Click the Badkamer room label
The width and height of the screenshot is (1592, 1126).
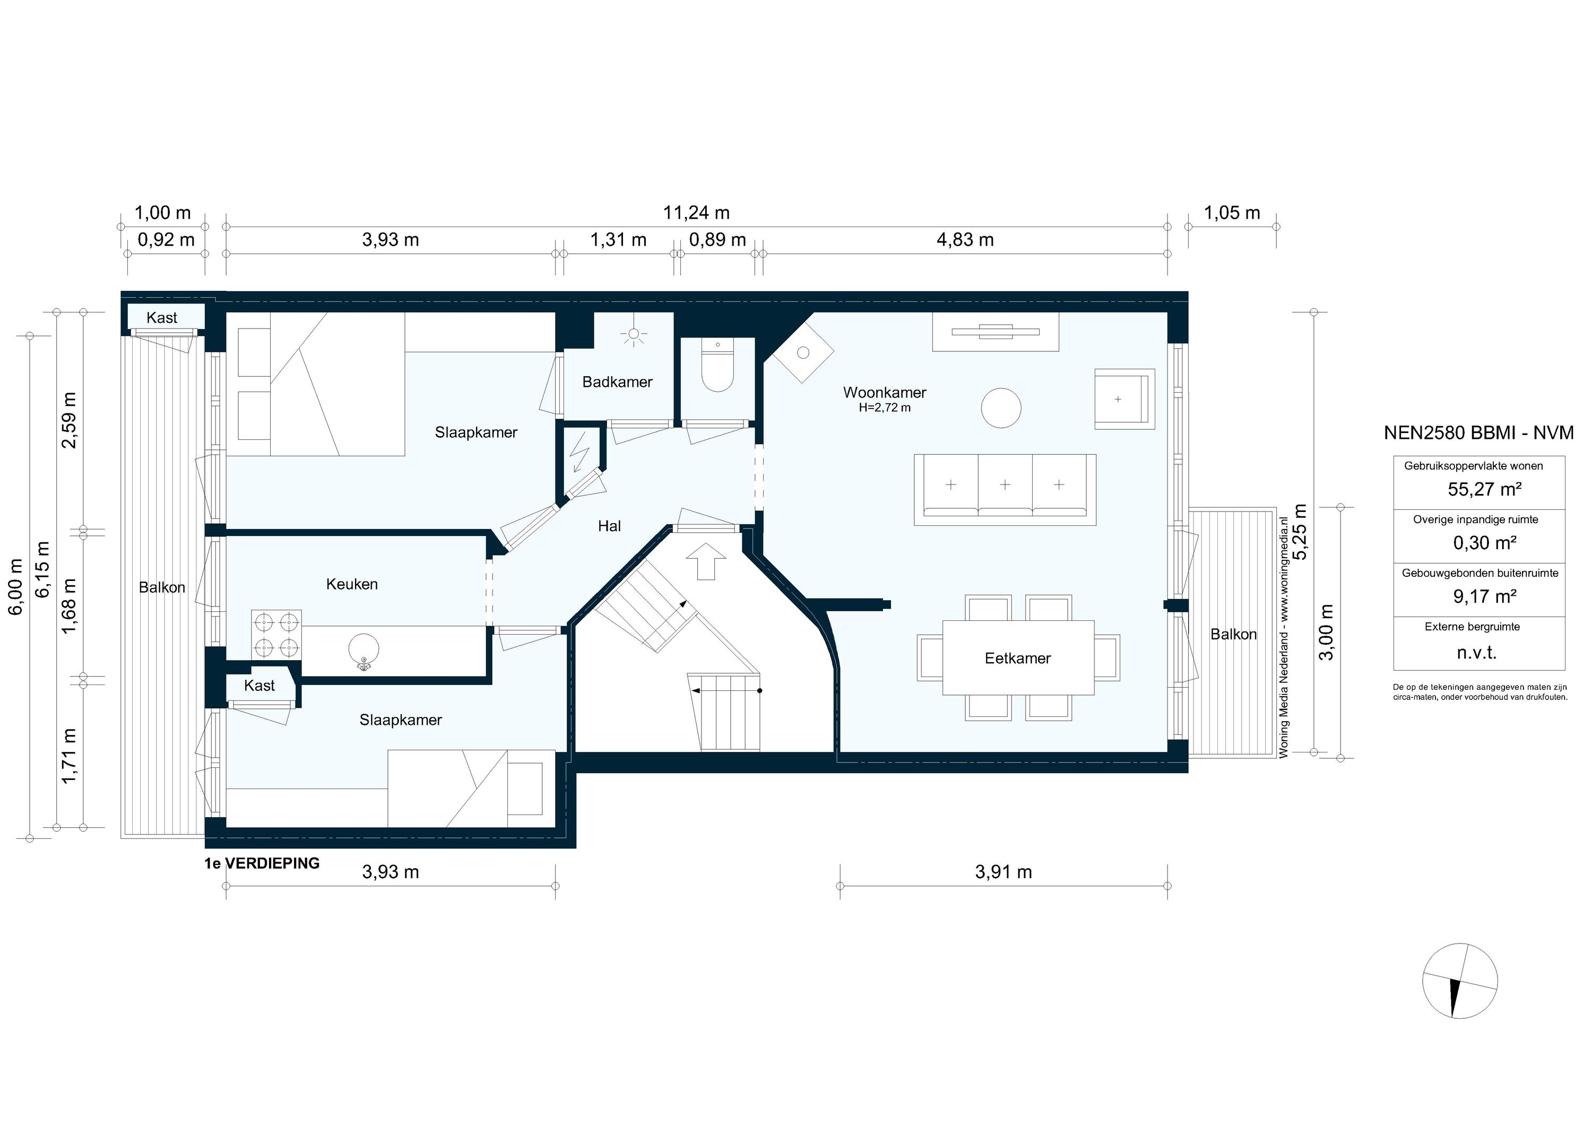click(617, 382)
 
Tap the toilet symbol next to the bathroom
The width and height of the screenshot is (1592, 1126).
click(717, 368)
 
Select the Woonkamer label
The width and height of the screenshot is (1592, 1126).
click(884, 393)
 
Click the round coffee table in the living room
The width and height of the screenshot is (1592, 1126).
click(1000, 408)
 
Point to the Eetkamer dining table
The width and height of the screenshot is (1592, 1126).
click(1017, 658)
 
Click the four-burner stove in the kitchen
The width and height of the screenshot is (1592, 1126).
click(276, 635)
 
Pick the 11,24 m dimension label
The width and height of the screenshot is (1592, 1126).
click(696, 213)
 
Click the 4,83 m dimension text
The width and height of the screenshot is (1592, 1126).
click(965, 240)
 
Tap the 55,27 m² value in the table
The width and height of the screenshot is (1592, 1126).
click(1484, 489)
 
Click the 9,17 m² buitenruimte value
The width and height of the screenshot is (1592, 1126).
click(1484, 596)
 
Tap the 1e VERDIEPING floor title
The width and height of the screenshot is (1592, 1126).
click(262, 863)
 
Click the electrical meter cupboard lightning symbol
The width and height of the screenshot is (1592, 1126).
click(579, 452)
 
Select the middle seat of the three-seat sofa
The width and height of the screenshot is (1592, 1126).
click(1005, 484)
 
